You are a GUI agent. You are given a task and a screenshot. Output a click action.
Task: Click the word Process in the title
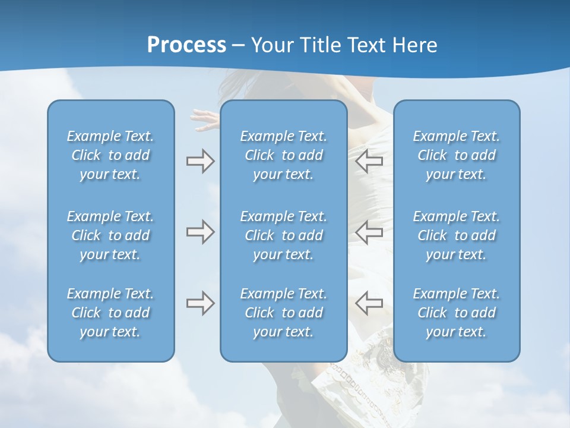click(186, 45)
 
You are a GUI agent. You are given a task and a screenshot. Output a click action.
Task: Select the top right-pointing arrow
click(200, 161)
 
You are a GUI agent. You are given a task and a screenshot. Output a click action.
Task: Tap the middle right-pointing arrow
click(200, 232)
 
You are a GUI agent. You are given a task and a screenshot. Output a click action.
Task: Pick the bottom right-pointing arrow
click(200, 303)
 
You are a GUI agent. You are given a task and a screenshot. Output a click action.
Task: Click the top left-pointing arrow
click(369, 161)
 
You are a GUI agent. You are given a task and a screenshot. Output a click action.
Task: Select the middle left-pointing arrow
click(369, 232)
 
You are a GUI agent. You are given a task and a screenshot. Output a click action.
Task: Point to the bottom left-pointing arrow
click(369, 303)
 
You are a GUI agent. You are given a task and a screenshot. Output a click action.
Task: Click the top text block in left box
click(110, 155)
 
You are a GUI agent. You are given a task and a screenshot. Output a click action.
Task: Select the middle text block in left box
click(110, 235)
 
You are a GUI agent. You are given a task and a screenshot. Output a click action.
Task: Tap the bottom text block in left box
click(110, 313)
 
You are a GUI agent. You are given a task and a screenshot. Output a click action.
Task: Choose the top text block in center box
click(284, 155)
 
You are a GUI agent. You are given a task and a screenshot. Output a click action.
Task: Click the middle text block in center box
click(284, 235)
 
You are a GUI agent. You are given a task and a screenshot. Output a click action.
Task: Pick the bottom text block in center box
click(284, 313)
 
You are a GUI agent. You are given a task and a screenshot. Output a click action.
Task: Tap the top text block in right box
click(457, 155)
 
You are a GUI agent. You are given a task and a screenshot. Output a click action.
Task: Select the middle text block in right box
click(457, 235)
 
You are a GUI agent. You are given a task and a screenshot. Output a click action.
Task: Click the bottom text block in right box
click(457, 313)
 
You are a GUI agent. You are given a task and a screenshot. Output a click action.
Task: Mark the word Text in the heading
click(367, 45)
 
